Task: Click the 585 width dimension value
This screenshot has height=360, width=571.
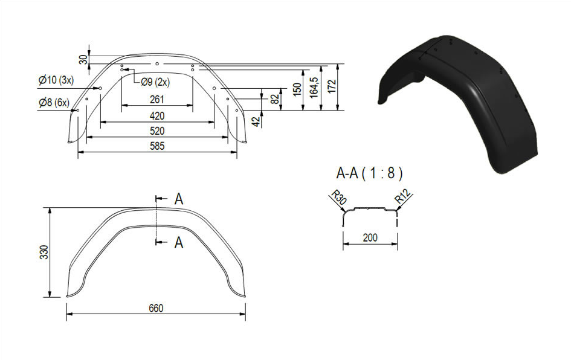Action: coord(157,146)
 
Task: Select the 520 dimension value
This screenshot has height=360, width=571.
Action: coord(157,130)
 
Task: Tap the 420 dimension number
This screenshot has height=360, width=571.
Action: coord(157,116)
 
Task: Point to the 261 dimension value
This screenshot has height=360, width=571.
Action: coord(157,100)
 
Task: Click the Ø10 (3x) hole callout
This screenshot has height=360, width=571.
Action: coord(56,80)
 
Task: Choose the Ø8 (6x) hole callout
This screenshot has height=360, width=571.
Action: coord(54,103)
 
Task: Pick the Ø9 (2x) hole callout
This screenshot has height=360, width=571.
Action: coord(155,82)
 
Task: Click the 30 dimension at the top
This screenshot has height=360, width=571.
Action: coord(84,59)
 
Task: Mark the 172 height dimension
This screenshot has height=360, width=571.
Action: coord(332,86)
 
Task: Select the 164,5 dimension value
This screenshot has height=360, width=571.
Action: coord(314,88)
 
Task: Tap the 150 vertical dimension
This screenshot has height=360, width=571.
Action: coord(297,89)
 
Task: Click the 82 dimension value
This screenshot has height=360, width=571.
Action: coord(276,97)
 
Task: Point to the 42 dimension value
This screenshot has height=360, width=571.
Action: coord(257,121)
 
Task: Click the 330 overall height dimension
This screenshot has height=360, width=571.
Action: coord(44,252)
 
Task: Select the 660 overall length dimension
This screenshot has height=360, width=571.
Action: coord(156,308)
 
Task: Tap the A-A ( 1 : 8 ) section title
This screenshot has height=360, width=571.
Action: coord(370,173)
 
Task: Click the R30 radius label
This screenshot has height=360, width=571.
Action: coord(338,198)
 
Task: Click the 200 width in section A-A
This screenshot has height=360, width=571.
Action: coord(370,238)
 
